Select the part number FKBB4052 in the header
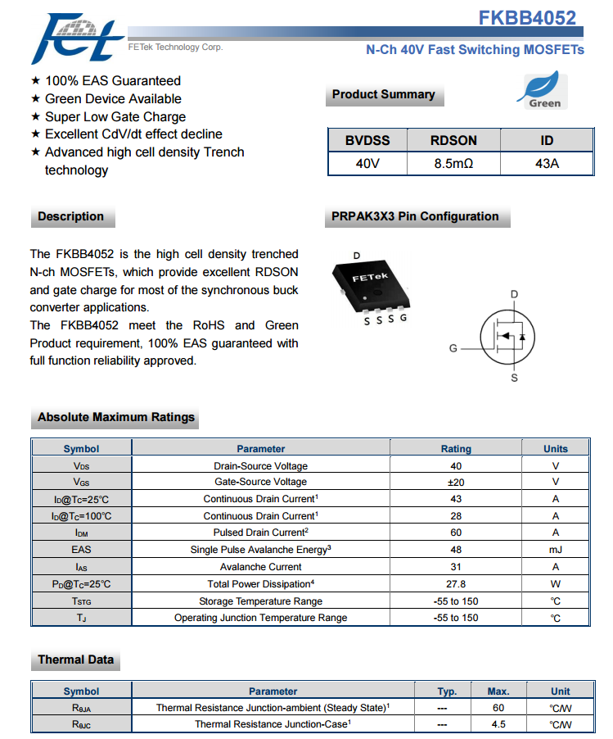pyautogui.click(x=527, y=17)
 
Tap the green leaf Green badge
pyautogui.click(x=543, y=90)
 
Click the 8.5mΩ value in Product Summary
pyautogui.click(x=453, y=164)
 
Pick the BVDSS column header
pyautogui.click(x=367, y=141)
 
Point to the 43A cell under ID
pyautogui.click(x=547, y=164)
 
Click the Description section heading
pyautogui.click(x=71, y=216)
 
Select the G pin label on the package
pyautogui.click(x=403, y=318)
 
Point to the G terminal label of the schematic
pyautogui.click(x=453, y=348)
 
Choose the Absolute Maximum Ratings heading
pyautogui.click(x=116, y=417)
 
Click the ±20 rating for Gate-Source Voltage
pyautogui.click(x=456, y=482)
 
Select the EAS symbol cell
pyautogui.click(x=81, y=550)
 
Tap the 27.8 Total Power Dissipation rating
pyautogui.click(x=456, y=584)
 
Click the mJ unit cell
pyautogui.click(x=555, y=550)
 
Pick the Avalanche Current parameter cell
pyautogui.click(x=260, y=567)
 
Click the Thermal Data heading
pyautogui.click(x=75, y=660)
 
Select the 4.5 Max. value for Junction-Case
pyautogui.click(x=498, y=724)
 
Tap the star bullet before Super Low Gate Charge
pyautogui.click(x=35, y=117)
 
